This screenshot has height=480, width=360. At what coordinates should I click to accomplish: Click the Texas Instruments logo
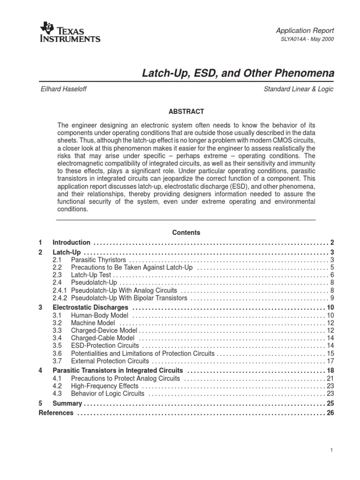tap(71, 32)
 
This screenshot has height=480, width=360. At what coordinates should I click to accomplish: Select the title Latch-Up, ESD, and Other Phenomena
tap(238, 74)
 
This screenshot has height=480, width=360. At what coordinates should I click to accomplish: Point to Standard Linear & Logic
tap(299, 89)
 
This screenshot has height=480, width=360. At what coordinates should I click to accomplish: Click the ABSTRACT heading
tap(186, 112)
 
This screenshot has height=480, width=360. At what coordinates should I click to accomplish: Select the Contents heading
tap(186, 232)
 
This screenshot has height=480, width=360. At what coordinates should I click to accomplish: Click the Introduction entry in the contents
tap(71, 242)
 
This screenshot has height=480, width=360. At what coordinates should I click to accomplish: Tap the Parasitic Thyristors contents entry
tap(98, 260)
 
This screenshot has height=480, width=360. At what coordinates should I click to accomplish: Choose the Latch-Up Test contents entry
tap(90, 275)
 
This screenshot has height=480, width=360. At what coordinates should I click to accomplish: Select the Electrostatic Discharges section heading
tap(90, 307)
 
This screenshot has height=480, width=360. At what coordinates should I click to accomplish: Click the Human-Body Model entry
tap(97, 315)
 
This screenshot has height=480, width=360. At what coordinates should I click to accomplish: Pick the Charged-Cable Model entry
tap(102, 338)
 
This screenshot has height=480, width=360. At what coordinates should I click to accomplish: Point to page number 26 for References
tap(330, 413)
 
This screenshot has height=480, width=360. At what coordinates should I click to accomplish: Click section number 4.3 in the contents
tap(57, 394)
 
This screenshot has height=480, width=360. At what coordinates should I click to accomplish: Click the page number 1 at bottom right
tap(331, 450)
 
